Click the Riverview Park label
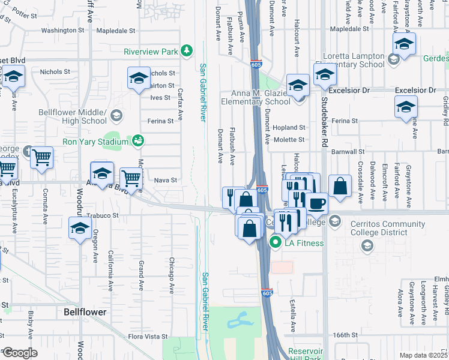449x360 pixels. click(151, 52)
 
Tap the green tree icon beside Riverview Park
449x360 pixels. click(187, 50)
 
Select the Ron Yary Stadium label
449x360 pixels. click(96, 142)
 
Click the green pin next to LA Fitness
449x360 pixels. click(276, 243)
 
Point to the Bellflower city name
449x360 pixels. click(85, 312)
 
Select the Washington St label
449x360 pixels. click(62, 30)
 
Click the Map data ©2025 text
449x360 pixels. click(424, 355)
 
